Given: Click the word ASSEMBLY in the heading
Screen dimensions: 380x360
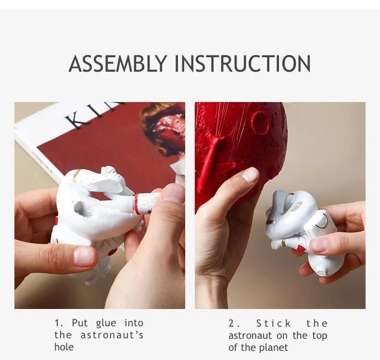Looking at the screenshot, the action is tap(118, 64).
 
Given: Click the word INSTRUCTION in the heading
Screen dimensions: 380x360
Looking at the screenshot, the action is tap(242, 64).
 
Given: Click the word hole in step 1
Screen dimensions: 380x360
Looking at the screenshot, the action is tap(64, 347).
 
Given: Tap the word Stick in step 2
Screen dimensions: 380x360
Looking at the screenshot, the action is tap(273, 323).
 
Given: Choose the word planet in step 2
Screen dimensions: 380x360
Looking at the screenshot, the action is tap(274, 347).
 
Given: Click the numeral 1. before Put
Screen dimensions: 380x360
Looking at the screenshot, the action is tap(59, 323).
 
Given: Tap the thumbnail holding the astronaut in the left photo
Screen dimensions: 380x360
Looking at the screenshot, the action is tap(83, 257).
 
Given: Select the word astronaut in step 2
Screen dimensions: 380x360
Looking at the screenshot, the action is tap(250, 336).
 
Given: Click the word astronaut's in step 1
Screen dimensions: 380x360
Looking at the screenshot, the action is tap(112, 335).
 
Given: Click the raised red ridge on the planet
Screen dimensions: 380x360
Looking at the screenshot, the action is tap(213, 155).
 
